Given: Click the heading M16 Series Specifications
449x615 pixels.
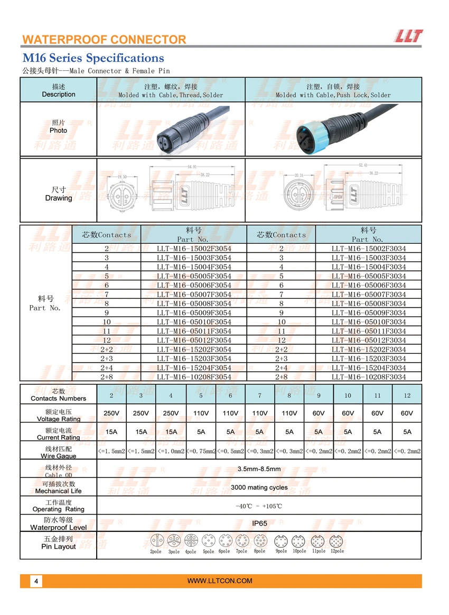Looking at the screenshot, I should pyautogui.click(x=93, y=58).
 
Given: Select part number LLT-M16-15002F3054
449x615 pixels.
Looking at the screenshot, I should pyautogui.click(x=194, y=249).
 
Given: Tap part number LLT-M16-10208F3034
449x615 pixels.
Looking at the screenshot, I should pyautogui.click(x=369, y=377).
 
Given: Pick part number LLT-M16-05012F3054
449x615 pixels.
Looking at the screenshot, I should pyautogui.click(x=194, y=340).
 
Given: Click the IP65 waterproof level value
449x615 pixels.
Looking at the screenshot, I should pyautogui.click(x=259, y=524).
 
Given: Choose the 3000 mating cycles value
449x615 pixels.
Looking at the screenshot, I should pyautogui.click(x=259, y=488).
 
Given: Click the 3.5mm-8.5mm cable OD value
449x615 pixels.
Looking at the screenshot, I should pyautogui.click(x=259, y=469).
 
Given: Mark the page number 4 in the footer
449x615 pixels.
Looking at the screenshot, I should pyautogui.click(x=36, y=581).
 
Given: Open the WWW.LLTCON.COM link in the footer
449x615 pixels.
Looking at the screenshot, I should pyautogui.click(x=220, y=581).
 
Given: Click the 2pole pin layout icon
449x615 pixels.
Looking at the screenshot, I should pyautogui.click(x=156, y=540).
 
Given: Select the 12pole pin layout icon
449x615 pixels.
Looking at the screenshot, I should pyautogui.click(x=336, y=541).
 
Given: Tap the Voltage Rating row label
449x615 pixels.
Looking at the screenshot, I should pyautogui.click(x=59, y=415).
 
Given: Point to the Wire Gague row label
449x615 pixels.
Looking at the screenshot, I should pyautogui.click(x=59, y=452).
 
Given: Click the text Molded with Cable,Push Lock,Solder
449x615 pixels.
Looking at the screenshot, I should pyautogui.click(x=333, y=95).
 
